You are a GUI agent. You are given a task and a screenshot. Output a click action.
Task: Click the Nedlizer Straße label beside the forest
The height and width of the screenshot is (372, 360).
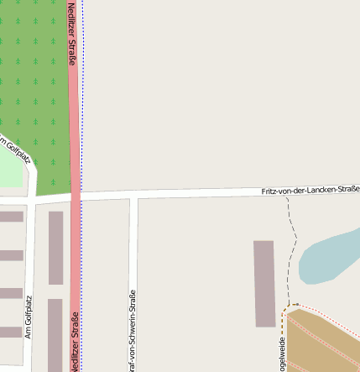click(72, 34)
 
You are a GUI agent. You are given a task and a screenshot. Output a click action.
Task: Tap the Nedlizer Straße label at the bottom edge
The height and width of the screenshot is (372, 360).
click(74, 345)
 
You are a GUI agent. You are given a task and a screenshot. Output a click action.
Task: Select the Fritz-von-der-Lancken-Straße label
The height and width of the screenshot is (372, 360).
click(310, 190)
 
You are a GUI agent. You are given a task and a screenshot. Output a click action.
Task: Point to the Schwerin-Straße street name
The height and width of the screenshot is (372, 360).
click(132, 331)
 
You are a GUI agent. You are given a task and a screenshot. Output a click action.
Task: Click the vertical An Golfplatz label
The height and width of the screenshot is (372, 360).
click(29, 316)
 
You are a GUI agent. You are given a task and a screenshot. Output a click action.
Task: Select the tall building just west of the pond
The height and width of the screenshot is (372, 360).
click(264, 283)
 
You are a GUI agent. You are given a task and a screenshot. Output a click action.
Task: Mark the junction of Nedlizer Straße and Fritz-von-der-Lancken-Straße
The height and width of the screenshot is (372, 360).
click(76, 196)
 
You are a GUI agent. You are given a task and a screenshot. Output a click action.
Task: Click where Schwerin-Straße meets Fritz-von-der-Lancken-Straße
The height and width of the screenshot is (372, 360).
click(133, 196)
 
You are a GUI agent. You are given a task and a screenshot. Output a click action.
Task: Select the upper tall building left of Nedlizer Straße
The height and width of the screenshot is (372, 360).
click(55, 248)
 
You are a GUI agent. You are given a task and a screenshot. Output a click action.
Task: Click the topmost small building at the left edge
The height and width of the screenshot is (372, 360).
click(10, 217)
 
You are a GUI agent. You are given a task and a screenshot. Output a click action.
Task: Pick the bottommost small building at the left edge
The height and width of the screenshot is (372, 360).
click(10, 332)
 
